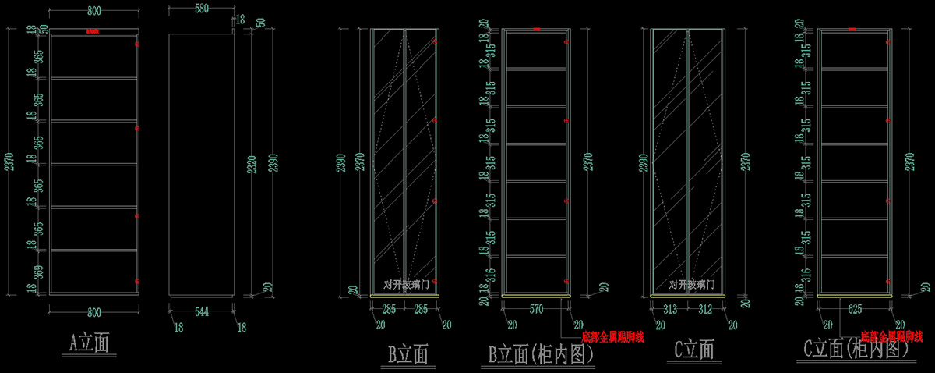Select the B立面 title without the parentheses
[x=408, y=355]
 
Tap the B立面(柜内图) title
[x=542, y=355]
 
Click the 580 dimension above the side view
[x=200, y=9]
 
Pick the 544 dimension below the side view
[x=202, y=312]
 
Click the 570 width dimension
[x=536, y=309]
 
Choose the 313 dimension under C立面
[x=669, y=309]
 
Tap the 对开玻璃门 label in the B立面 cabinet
[x=406, y=285]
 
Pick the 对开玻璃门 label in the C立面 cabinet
[x=688, y=285]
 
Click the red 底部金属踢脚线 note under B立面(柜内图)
[x=612, y=337]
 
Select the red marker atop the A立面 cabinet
[x=93, y=32]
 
